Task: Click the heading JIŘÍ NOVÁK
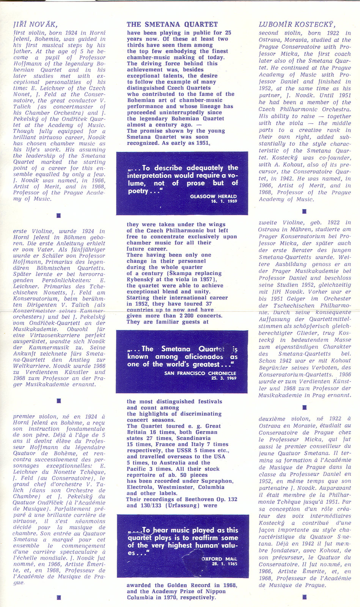[x=35, y=25]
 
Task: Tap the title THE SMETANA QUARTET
[x=172, y=25]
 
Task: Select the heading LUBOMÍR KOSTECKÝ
[x=297, y=25]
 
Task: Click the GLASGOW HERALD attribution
[x=213, y=197]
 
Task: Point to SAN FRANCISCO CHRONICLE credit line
[x=200, y=373]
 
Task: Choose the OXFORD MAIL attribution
[x=219, y=559]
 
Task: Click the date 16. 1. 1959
[x=224, y=201]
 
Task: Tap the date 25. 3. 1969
[x=224, y=378]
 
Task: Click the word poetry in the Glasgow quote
[x=138, y=191]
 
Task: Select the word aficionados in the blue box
[x=204, y=357]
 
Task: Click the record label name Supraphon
[x=219, y=481]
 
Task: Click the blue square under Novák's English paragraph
[x=58, y=215]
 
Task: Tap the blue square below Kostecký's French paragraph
[x=304, y=597]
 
